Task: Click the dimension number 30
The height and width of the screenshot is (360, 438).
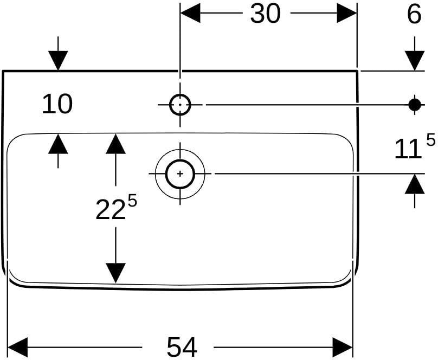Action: point(265,14)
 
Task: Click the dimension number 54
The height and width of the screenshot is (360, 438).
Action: point(182,347)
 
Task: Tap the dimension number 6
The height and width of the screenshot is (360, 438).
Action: point(414,14)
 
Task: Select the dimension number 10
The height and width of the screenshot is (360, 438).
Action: point(57,104)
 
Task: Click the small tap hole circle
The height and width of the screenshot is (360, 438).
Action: point(180,105)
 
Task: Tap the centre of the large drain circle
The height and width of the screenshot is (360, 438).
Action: point(180,173)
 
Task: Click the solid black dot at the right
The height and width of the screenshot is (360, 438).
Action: point(415,105)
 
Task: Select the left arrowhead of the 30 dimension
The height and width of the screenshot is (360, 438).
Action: point(190,13)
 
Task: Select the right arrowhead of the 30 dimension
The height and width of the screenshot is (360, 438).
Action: point(346,13)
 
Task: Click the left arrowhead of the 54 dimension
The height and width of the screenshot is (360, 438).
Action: point(17,347)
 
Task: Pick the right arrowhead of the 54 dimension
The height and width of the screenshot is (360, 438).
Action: point(343,347)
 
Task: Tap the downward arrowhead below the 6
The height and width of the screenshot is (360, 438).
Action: point(415,61)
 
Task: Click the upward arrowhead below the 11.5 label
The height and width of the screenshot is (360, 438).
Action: point(415,184)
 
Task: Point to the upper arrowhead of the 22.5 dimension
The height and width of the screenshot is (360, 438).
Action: point(115,144)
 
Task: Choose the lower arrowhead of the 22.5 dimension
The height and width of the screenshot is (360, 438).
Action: point(115,273)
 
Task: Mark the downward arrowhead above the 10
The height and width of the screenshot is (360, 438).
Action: point(58,61)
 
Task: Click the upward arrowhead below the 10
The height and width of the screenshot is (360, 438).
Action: point(58,144)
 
